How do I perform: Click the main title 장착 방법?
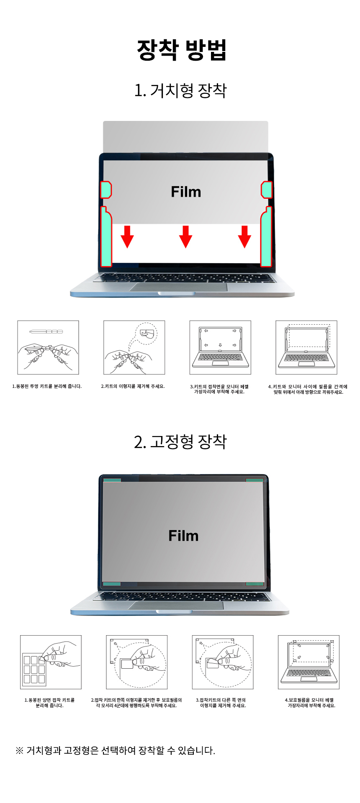[182, 50]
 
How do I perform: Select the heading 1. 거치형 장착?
[180, 90]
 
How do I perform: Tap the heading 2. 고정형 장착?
[180, 441]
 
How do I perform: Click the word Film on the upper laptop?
[186, 192]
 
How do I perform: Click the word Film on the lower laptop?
[183, 536]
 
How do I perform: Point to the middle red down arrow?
[185, 236]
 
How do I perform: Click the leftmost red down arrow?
[127, 236]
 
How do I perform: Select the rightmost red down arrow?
[244, 236]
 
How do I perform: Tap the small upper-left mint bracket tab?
[105, 190]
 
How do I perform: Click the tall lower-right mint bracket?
[266, 237]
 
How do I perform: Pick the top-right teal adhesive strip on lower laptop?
[255, 480]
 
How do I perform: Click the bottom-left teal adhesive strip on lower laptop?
[112, 584]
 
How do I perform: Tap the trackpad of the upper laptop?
[179, 287]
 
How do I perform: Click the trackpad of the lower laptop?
[176, 605]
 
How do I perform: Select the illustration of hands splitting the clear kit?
[48, 347]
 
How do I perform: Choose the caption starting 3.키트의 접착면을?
[219, 389]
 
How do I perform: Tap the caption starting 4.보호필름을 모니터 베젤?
[309, 703]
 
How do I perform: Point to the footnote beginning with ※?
[115, 750]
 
